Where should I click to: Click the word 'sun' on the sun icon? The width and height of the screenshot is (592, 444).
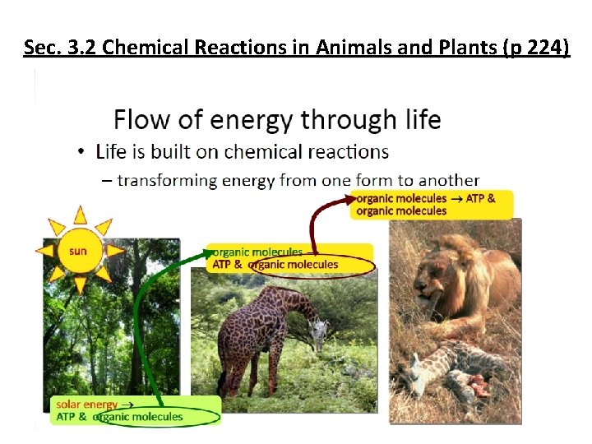[77, 251]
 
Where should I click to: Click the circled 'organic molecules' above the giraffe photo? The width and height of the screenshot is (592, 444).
[294, 265]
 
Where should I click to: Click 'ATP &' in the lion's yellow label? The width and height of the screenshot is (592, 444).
[481, 198]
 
